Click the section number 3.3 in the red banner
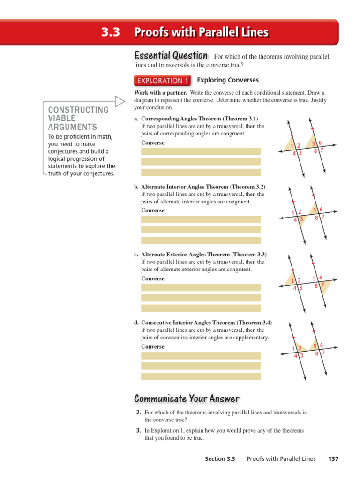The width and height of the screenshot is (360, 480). pyautogui.click(x=111, y=32)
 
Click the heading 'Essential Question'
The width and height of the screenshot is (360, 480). pyautogui.click(x=171, y=55)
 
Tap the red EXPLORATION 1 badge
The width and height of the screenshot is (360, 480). pyautogui.click(x=162, y=81)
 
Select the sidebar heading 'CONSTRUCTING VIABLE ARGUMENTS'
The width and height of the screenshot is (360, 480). pyautogui.click(x=79, y=118)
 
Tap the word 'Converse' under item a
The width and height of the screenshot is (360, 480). pyautogui.click(x=153, y=142)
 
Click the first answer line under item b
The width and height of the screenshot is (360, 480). pyautogui.click(x=201, y=219)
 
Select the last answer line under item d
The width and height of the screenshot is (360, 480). pyautogui.click(x=201, y=376)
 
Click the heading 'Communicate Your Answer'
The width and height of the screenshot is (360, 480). pyautogui.click(x=187, y=399)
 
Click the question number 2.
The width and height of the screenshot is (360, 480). pyautogui.click(x=138, y=412)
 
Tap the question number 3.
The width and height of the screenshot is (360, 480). pyautogui.click(x=138, y=430)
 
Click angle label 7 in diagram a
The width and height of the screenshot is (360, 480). pyautogui.click(x=322, y=150)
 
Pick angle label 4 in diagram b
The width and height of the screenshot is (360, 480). pyautogui.click(x=295, y=219)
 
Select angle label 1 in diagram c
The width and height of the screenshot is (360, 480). pyautogui.click(x=293, y=281)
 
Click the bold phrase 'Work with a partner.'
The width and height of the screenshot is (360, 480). pyautogui.click(x=161, y=93)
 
